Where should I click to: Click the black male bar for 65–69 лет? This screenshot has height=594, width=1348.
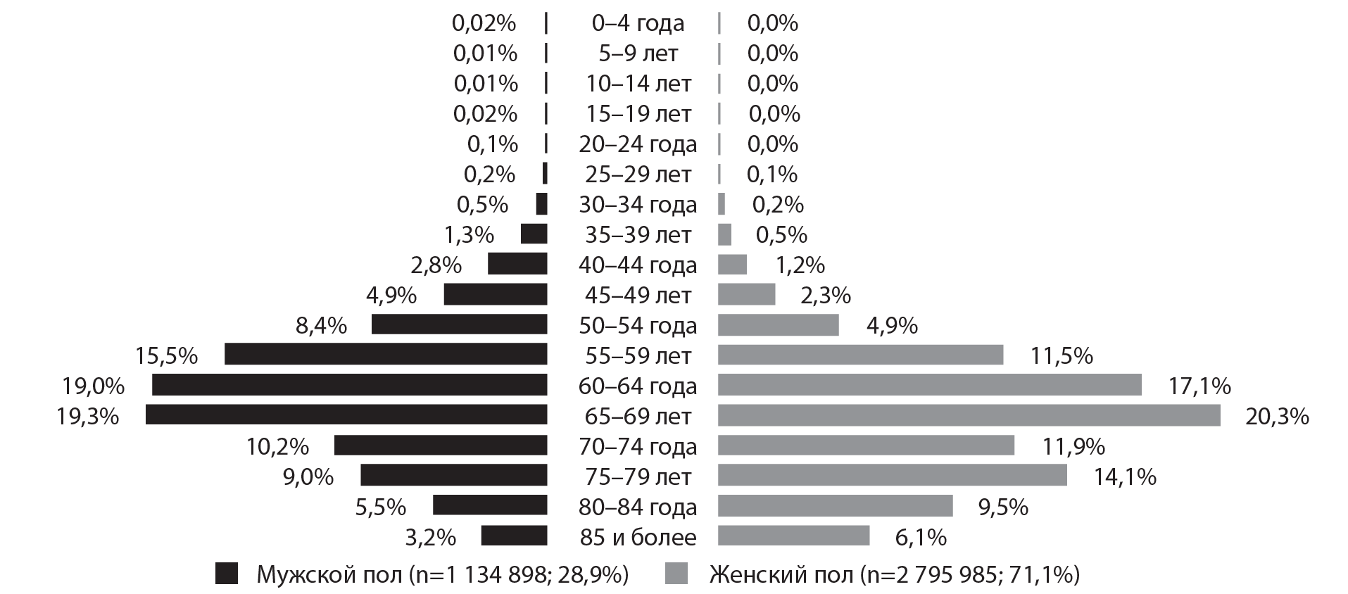point(346,415)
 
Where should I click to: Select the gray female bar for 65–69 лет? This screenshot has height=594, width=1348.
point(969,415)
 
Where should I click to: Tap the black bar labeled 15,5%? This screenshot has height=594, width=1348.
point(385,354)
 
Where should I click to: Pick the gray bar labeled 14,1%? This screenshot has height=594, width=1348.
point(892,475)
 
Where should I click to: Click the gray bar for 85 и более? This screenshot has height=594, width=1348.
point(793,536)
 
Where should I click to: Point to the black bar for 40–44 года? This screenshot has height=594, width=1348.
point(517,264)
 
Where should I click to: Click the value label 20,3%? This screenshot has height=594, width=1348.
point(1277,417)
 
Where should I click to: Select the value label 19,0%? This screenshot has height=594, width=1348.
point(93,386)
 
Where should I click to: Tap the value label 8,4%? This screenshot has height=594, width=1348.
point(321,325)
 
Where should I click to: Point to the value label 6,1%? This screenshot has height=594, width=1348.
point(920,538)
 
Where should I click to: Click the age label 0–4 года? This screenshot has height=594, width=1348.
point(638,23)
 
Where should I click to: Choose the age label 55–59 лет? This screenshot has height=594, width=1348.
point(638,355)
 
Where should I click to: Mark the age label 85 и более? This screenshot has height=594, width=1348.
point(638,538)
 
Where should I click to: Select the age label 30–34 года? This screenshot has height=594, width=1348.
point(638,204)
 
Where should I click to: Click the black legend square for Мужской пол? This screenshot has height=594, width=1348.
point(227,574)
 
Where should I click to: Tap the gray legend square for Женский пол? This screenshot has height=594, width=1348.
point(676,574)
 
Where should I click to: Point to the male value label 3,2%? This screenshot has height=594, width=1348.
point(430,538)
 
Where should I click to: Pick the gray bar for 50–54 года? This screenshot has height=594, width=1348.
point(778,324)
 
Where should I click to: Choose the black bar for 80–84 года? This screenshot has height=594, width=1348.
point(489,505)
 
